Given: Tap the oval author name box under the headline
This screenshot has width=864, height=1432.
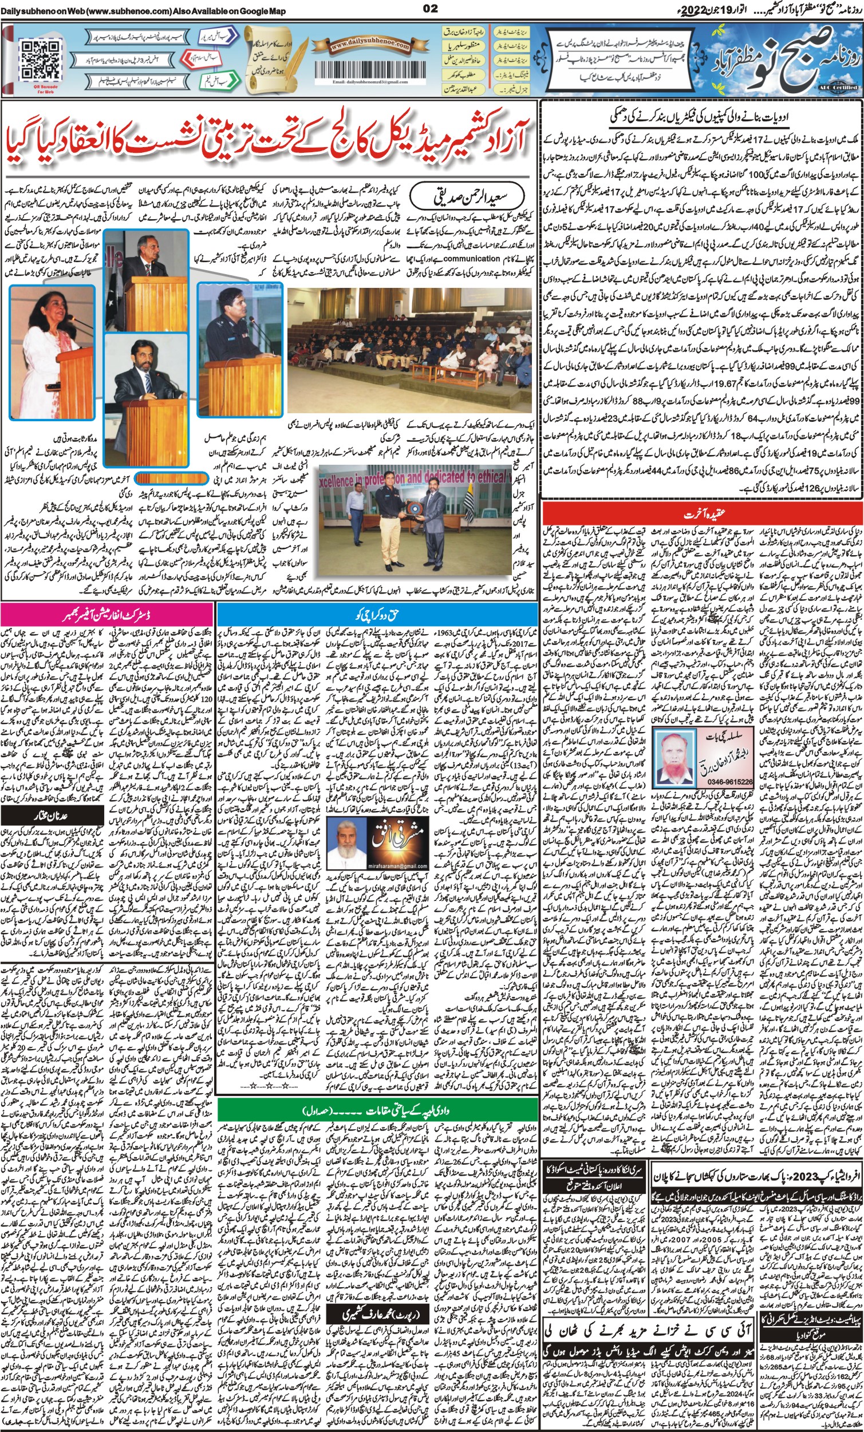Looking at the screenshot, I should click(x=451, y=198).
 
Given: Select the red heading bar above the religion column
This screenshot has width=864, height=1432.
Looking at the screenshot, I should click(x=702, y=514).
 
